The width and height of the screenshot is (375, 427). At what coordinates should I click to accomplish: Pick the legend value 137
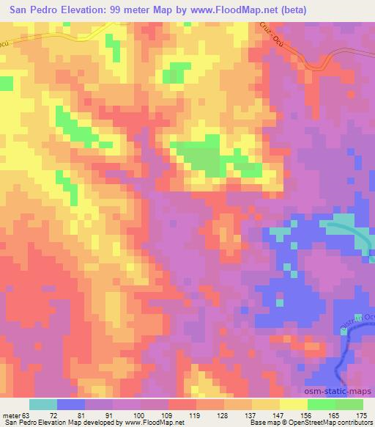click(x=251, y=415)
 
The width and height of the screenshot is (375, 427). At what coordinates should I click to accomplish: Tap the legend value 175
click(x=361, y=415)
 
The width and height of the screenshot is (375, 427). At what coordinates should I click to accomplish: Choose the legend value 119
click(x=196, y=415)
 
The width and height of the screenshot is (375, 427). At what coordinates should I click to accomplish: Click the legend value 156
click(x=306, y=415)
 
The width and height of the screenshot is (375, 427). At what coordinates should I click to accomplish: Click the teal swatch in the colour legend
click(x=43, y=404)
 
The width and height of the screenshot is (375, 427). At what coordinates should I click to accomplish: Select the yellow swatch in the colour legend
click(x=293, y=404)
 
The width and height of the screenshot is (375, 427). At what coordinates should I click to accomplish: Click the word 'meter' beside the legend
click(x=10, y=415)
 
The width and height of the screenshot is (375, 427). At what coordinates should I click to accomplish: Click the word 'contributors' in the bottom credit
click(x=353, y=423)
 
